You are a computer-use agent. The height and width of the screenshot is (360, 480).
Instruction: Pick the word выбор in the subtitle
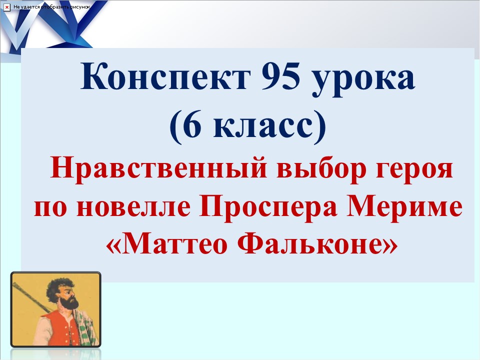coord(309,170)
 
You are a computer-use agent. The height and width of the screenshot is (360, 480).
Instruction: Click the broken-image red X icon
coord(7,7)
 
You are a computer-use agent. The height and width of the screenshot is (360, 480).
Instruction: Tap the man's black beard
coord(69,302)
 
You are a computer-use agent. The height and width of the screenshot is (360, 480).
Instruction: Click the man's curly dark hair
coord(58,285)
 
